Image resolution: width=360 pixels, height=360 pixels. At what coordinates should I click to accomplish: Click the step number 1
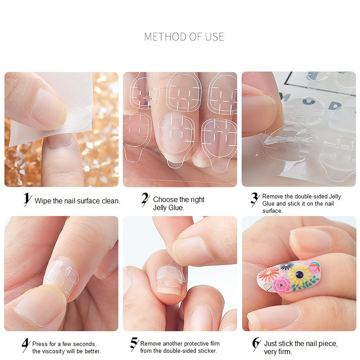tap(27, 199)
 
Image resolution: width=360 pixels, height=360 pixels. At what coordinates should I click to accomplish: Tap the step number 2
tap(145, 199)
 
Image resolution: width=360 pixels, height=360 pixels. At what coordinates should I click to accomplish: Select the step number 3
tap(255, 199)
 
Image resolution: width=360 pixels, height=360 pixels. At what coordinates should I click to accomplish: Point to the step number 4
tap(26, 345)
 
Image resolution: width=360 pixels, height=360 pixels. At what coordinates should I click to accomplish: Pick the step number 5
tap(135, 344)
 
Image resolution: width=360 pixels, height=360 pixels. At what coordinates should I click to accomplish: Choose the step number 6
tap(256, 344)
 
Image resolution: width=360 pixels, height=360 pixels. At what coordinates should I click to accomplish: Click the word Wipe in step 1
tap(43, 201)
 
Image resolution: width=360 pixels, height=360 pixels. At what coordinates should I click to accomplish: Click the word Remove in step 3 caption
tap(273, 196)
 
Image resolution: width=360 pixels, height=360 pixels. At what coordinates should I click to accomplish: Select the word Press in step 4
tap(40, 344)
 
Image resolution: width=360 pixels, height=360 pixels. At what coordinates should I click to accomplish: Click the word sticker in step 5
tap(207, 351)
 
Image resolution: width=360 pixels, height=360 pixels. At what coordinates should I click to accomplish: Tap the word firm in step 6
tap(285, 352)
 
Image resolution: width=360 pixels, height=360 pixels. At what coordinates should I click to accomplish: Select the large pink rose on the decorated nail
tap(282, 285)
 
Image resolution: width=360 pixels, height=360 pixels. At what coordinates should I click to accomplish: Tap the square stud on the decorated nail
tap(267, 286)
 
